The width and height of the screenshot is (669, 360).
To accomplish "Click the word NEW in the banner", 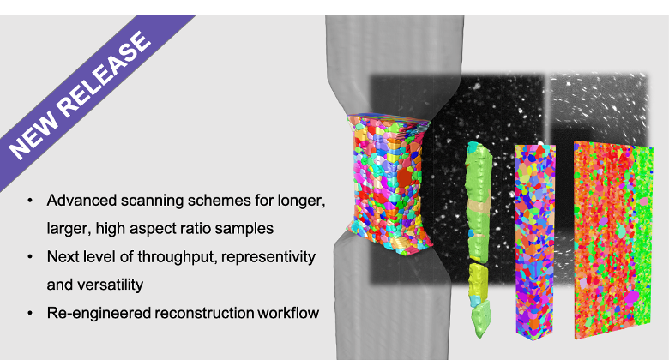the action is (33, 134).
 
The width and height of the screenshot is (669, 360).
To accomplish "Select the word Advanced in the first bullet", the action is (81, 201).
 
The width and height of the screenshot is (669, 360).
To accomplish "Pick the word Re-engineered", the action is (99, 313).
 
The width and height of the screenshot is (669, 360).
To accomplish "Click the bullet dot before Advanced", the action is (30, 201).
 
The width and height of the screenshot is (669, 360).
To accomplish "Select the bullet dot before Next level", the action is (30, 257).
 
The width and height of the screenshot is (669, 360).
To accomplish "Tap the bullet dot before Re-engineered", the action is (30, 313).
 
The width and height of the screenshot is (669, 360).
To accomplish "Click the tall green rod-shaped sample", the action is (479, 239).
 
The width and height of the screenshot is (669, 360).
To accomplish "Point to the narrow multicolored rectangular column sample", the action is (535, 241).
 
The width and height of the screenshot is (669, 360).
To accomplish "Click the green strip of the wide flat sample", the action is (642, 239).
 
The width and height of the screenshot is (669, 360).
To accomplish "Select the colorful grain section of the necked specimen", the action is (389, 183).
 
